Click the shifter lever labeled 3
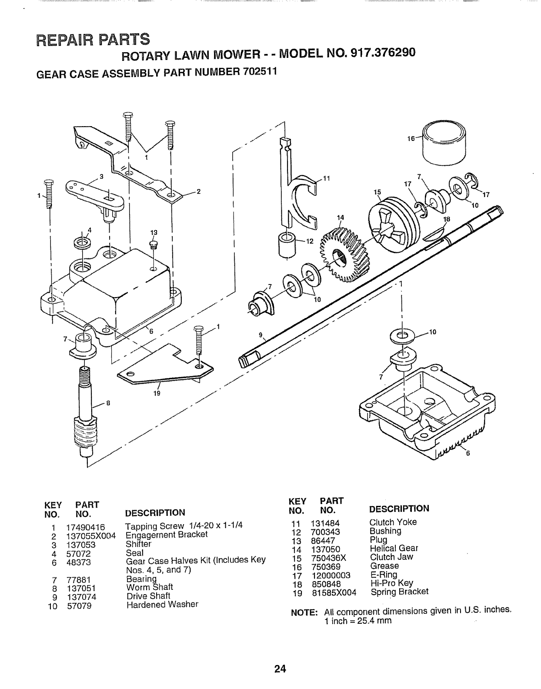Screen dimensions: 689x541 point(93,193)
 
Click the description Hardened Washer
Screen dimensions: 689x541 point(162,605)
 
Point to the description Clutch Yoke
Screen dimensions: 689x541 point(393,522)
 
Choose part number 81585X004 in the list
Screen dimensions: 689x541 point(334,592)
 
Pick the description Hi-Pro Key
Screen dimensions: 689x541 point(391,583)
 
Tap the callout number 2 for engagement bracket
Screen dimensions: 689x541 point(198,193)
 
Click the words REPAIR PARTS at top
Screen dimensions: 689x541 point(93,39)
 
